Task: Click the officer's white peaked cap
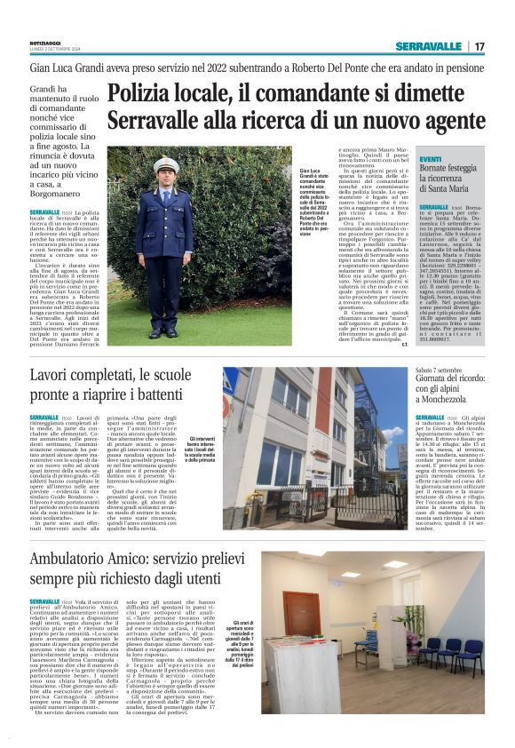(166, 165)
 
